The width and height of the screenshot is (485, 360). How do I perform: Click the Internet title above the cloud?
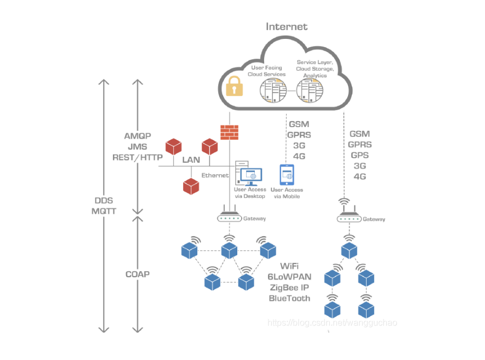click(x=287, y=26)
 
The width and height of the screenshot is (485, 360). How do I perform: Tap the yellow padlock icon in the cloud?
click(x=235, y=86)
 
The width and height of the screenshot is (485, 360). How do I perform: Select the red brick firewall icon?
click(x=230, y=132)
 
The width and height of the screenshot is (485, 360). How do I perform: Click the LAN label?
click(x=191, y=160)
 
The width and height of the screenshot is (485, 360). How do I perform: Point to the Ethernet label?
click(x=215, y=175)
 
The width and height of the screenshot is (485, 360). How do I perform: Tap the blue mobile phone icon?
click(x=287, y=175)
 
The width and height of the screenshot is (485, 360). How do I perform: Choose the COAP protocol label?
click(x=137, y=273)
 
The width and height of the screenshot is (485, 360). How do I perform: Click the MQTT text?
click(x=104, y=210)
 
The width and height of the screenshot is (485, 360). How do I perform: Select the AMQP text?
click(x=138, y=136)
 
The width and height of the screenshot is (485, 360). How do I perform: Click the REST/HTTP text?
click(x=138, y=157)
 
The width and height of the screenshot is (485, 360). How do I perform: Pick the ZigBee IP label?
click(x=289, y=288)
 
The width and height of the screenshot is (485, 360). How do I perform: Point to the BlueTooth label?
click(x=289, y=299)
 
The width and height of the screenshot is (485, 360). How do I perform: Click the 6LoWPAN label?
click(x=289, y=277)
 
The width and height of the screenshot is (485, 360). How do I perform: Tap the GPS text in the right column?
click(x=360, y=155)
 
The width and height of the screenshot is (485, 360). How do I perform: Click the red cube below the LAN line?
click(x=191, y=186)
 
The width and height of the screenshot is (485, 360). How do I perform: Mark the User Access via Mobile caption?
click(x=287, y=193)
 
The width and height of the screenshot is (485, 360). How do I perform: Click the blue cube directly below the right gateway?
click(x=349, y=251)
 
